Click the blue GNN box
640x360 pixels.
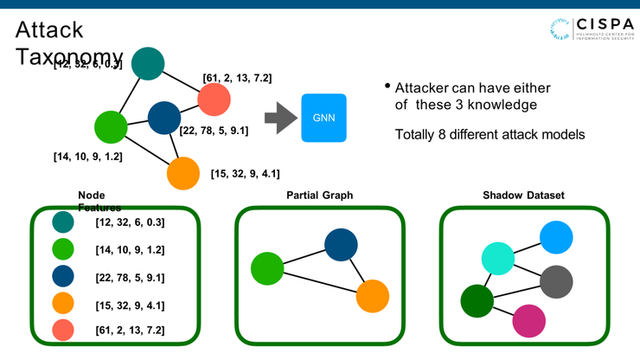(x=323, y=118)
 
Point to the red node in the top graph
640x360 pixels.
(x=214, y=100)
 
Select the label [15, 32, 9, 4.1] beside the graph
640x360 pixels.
(x=245, y=173)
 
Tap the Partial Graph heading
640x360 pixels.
(x=319, y=196)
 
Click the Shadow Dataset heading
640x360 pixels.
(x=523, y=196)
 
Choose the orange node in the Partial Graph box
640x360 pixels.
(x=373, y=296)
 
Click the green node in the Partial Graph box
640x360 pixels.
(x=267, y=268)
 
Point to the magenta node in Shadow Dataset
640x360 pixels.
(x=528, y=320)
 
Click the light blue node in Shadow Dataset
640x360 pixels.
(x=556, y=236)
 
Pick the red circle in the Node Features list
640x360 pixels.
(x=62, y=330)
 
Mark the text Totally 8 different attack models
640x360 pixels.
(x=490, y=135)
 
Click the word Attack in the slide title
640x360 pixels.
(x=49, y=29)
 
